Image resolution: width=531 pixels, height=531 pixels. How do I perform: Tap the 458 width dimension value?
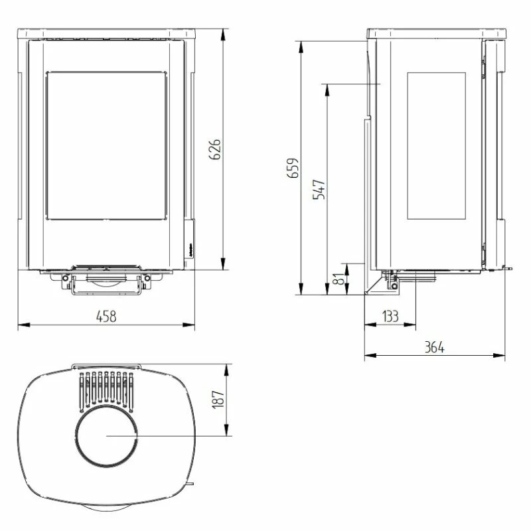tap(106, 317)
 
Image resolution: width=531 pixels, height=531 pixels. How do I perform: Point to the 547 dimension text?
tap(319, 190)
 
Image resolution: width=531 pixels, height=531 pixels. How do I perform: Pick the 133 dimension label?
tap(390, 317)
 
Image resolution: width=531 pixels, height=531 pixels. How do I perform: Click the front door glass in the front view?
tap(106, 145)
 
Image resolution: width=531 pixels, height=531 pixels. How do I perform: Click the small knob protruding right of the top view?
tap(192, 484)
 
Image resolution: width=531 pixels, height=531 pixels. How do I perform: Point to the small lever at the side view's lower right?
tap(508, 268)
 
